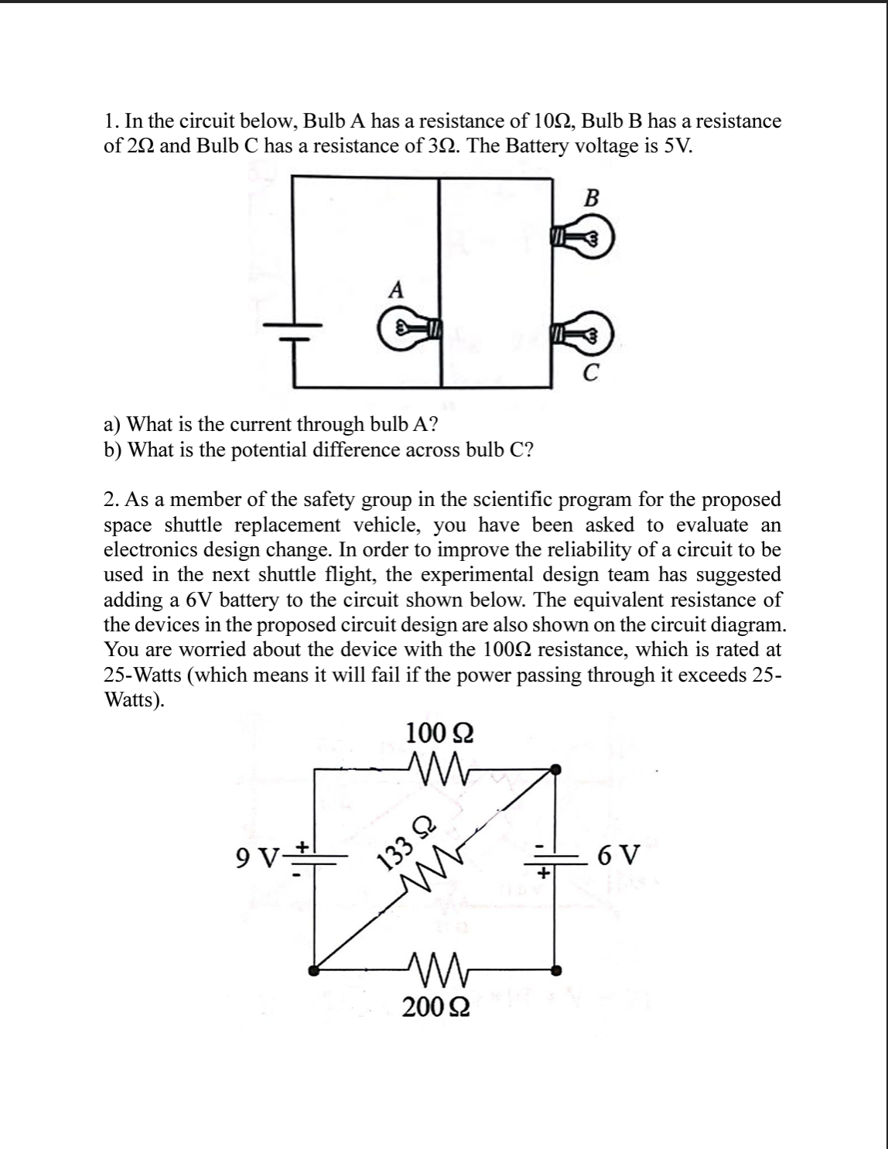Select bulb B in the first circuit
tap(584, 237)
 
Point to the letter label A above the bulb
tap(396, 290)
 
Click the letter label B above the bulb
tap(591, 198)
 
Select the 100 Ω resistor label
tap(439, 732)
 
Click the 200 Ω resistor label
tap(439, 1007)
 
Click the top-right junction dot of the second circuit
tap(555, 768)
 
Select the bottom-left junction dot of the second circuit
tap(313, 969)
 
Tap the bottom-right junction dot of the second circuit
tap(555, 969)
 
